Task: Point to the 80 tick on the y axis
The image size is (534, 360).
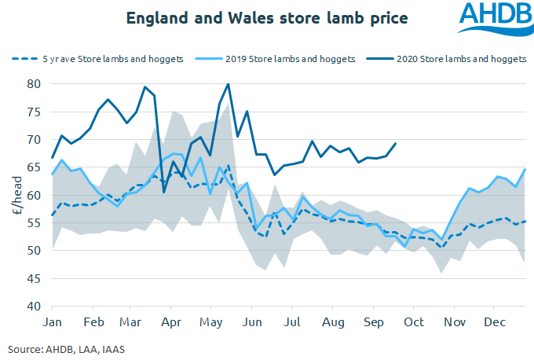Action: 33,84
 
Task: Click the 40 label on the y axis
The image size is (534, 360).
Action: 33,307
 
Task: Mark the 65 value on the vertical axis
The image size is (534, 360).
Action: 33,167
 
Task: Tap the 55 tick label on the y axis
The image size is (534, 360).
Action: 33,223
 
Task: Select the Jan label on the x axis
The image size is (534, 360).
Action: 53,323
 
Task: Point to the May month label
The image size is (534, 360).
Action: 211,323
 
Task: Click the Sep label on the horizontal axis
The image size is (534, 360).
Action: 373,323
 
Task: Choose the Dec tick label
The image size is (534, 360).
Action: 494,323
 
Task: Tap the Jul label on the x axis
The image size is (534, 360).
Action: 292,323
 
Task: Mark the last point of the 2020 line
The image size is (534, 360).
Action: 395,144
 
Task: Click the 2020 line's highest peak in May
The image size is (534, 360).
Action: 228,84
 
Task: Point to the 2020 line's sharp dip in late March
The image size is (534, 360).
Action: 164,192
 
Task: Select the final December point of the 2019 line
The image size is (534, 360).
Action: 525,170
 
